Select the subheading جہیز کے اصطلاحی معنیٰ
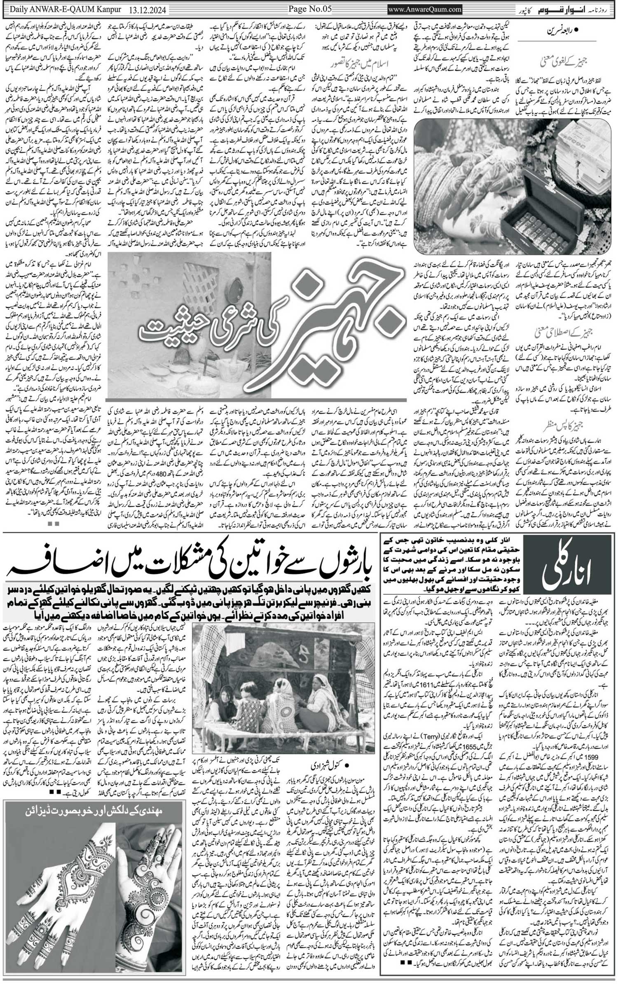click(572, 331)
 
